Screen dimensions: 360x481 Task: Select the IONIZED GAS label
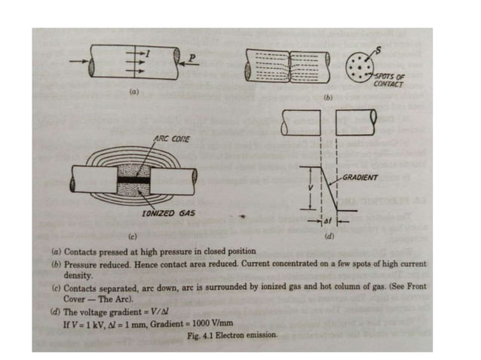click(169, 213)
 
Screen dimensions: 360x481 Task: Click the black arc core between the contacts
click(139, 182)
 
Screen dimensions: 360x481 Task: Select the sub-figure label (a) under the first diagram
click(133, 90)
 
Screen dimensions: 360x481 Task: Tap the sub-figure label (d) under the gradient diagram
click(329, 236)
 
